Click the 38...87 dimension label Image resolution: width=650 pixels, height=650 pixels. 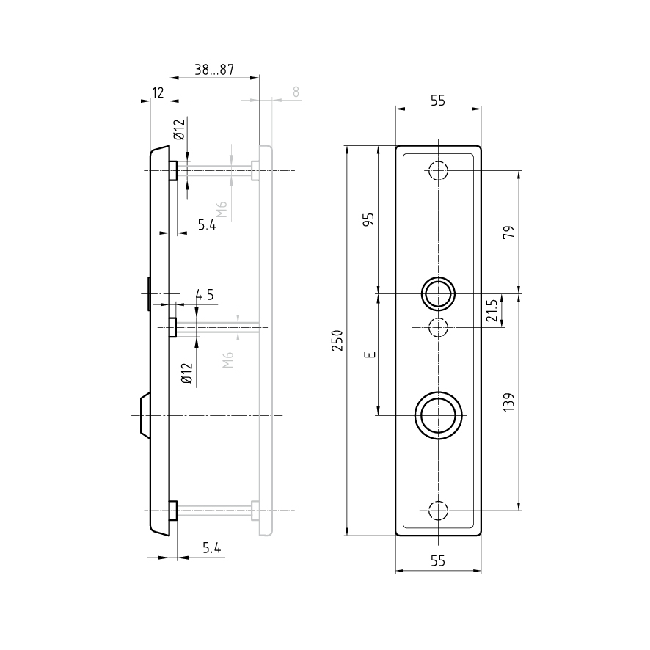point(214,70)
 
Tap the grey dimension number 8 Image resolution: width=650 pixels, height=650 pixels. point(296,92)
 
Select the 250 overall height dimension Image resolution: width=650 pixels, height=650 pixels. point(337,340)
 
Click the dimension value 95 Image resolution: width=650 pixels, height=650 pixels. point(368,219)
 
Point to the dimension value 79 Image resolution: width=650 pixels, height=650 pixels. point(508,232)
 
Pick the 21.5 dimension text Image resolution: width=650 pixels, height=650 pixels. point(492,310)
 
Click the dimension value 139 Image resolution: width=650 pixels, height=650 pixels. point(508,402)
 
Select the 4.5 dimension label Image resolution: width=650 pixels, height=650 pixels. point(205,295)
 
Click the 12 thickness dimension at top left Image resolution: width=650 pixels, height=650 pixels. point(158,93)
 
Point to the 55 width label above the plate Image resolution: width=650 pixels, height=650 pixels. point(438,101)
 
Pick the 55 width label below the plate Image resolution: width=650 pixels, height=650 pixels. point(438,561)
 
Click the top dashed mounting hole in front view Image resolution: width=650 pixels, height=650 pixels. point(438,170)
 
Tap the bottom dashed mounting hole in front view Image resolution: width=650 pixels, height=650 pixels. point(438,511)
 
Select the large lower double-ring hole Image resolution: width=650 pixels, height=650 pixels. point(438,415)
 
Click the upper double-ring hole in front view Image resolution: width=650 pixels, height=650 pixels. point(438,293)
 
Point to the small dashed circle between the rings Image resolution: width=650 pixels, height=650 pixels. point(438,327)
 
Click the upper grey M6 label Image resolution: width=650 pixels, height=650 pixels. point(222,210)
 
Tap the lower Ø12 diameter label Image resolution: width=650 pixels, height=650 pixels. point(187,373)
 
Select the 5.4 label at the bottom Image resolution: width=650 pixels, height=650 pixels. point(212,548)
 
